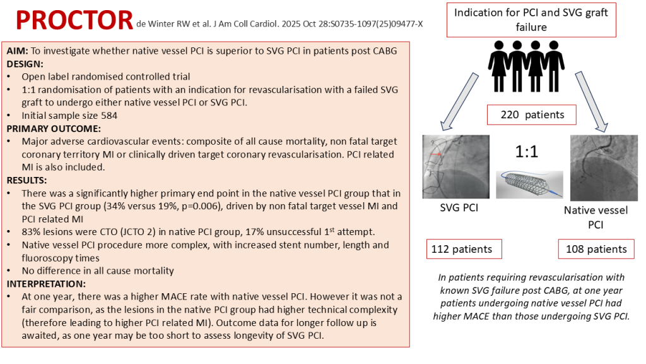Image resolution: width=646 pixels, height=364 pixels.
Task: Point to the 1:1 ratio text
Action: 526,152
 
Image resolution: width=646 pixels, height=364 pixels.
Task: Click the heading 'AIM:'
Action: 18,52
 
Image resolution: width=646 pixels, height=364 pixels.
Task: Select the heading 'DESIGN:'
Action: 25,64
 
